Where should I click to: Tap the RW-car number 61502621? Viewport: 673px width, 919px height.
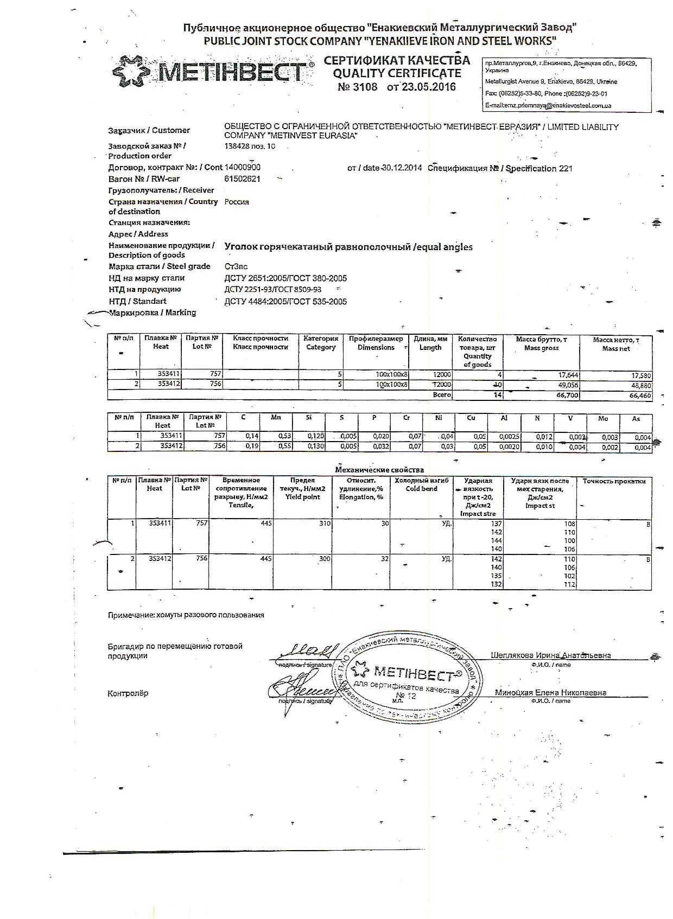(x=242, y=179)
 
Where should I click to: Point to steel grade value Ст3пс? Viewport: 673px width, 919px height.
(x=236, y=266)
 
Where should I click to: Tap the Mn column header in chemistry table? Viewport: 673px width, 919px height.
(x=276, y=418)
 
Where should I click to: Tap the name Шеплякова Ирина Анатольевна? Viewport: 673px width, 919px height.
(x=550, y=655)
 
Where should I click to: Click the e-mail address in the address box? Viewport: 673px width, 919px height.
(x=548, y=106)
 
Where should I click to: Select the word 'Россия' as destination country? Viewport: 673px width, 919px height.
(x=237, y=202)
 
